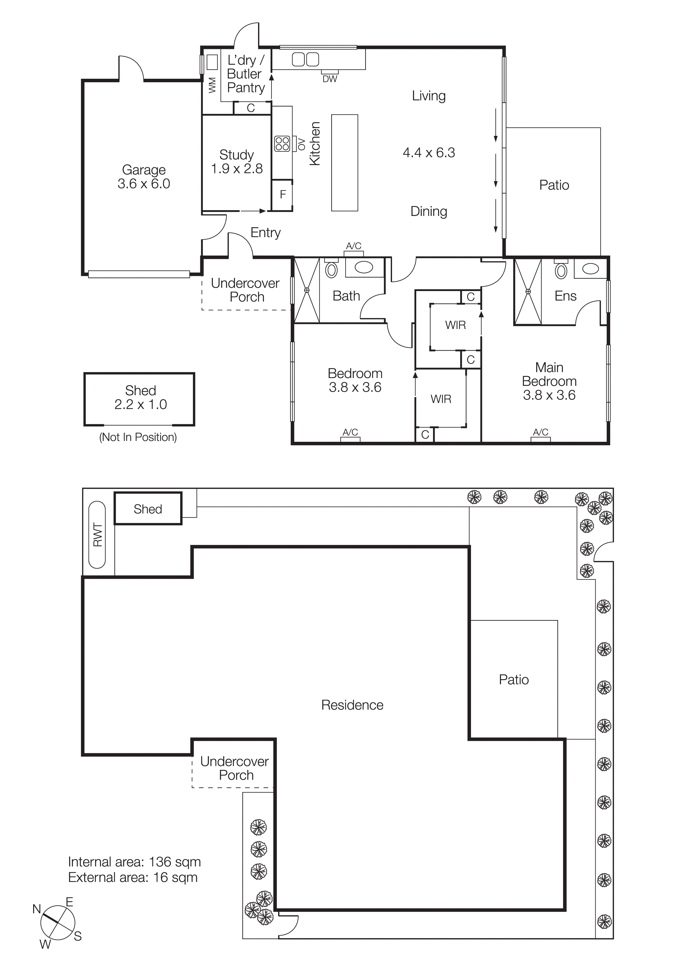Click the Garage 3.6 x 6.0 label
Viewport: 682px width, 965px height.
[144, 177]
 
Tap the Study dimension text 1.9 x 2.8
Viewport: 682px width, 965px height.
[237, 169]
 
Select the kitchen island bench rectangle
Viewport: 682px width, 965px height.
[344, 163]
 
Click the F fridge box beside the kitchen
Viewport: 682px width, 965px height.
[282, 194]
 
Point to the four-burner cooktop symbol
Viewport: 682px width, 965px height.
[282, 144]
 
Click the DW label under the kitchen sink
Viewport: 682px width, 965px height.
[330, 79]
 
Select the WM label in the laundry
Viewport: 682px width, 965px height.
[212, 85]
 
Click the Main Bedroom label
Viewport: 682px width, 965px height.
[549, 374]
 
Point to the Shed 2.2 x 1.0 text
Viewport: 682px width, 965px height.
[140, 397]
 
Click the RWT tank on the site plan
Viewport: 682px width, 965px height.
[97, 534]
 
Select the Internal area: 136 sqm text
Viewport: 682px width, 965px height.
[135, 862]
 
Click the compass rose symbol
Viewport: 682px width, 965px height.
[57, 923]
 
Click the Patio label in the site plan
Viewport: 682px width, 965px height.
[514, 680]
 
